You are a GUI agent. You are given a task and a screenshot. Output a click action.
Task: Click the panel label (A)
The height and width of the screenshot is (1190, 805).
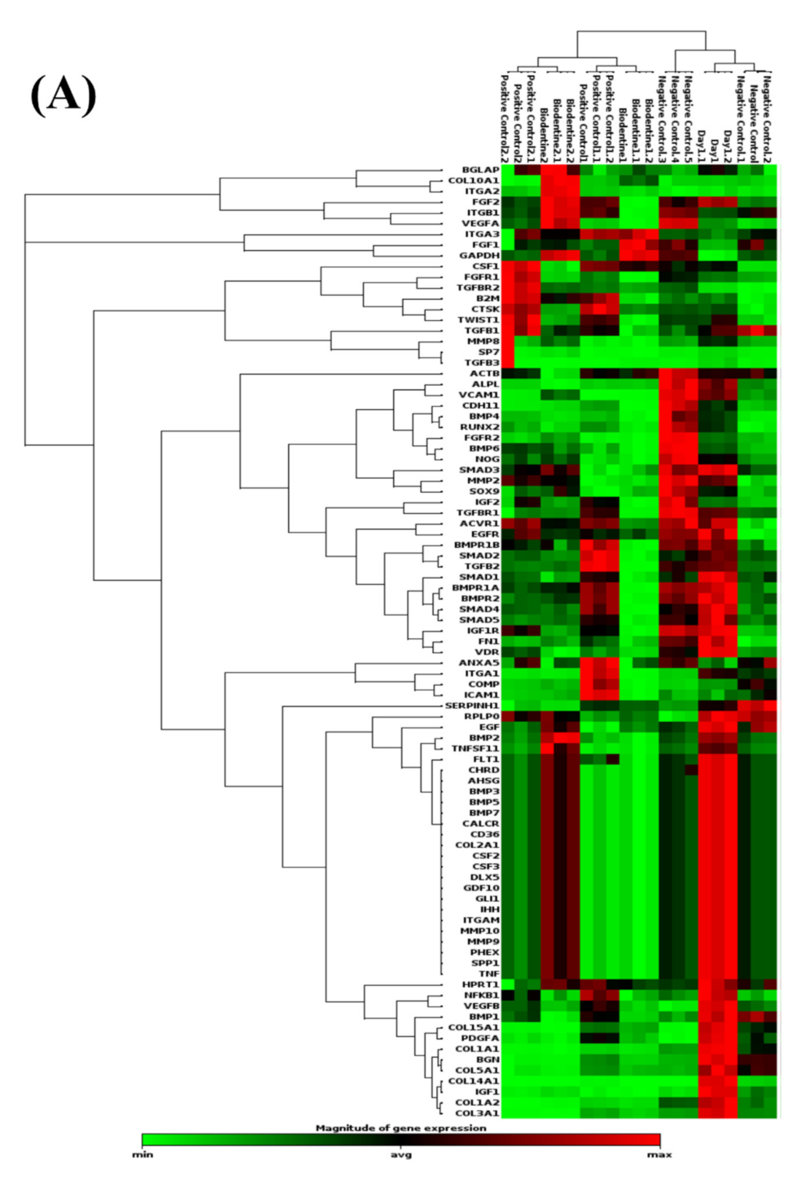click(63, 95)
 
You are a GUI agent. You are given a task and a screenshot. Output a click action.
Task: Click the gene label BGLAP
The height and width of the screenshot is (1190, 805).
click(481, 170)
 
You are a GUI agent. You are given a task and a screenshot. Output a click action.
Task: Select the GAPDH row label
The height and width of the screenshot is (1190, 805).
click(479, 256)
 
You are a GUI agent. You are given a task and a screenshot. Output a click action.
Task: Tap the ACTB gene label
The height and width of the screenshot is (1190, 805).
click(484, 373)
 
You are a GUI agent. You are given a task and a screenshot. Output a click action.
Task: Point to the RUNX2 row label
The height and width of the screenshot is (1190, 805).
click(479, 427)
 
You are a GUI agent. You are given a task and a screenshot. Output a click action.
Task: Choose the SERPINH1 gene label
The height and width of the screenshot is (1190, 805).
click(472, 706)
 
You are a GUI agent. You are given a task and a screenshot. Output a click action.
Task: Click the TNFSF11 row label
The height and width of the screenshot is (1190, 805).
click(475, 749)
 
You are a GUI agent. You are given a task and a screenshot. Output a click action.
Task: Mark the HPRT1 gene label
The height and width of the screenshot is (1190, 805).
click(481, 984)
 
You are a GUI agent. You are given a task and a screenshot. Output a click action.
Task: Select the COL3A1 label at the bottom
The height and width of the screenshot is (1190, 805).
click(477, 1113)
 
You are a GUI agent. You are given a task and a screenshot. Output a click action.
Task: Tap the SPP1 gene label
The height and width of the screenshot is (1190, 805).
click(484, 963)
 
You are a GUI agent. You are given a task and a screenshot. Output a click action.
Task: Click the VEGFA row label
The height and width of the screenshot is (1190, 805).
click(480, 224)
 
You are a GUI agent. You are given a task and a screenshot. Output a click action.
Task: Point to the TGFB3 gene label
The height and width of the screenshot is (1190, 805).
click(482, 362)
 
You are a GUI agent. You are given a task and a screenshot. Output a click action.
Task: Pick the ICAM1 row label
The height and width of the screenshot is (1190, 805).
click(481, 695)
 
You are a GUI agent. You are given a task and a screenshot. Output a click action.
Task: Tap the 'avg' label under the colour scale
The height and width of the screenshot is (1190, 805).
click(400, 1155)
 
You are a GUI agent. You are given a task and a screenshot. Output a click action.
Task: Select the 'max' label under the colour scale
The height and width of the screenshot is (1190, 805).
click(659, 1155)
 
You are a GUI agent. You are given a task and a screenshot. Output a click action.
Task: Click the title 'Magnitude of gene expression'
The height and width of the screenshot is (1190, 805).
click(400, 1128)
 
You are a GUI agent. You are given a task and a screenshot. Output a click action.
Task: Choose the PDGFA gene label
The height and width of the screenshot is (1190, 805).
click(479, 1038)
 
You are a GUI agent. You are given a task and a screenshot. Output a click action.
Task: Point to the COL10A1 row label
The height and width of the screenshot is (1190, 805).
click(473, 181)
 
